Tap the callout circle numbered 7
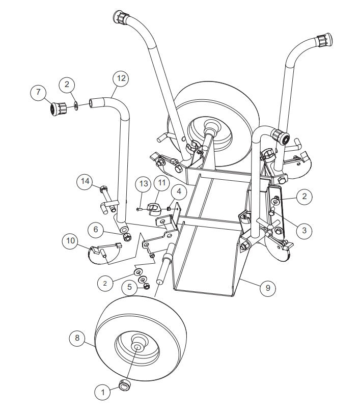[38, 93]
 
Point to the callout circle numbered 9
[267, 288]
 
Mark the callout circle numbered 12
[120, 78]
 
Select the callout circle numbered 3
[303, 230]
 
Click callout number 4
[178, 192]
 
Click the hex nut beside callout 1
[124, 385]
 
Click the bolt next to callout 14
[104, 192]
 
